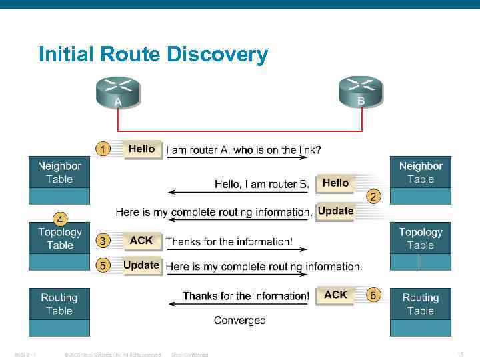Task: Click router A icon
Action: tap(118, 92)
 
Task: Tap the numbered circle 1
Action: tap(103, 149)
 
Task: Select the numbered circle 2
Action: tap(375, 196)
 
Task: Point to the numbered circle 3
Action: tap(103, 240)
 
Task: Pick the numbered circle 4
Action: tap(60, 218)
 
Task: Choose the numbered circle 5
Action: tap(103, 265)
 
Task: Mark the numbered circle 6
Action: tap(375, 295)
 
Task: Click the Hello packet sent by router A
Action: tap(141, 149)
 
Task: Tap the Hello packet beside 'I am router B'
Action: tap(335, 183)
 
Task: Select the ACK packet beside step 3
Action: tap(141, 241)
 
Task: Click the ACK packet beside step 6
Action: tap(335, 295)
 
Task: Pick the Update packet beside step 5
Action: tap(141, 265)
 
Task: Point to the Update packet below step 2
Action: tap(335, 211)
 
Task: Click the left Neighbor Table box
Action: tap(59, 173)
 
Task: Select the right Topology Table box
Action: tap(420, 239)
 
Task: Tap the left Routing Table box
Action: tap(59, 304)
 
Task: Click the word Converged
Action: tap(240, 321)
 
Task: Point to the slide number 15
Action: tap(460, 354)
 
